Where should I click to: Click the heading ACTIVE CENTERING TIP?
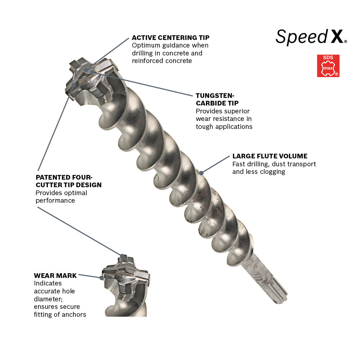coord(170,37)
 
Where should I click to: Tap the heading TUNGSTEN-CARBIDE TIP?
coord(215,99)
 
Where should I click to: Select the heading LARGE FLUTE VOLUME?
coord(270,156)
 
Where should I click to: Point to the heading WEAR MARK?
coord(55,275)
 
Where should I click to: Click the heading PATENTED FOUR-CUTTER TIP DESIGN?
coord(68,181)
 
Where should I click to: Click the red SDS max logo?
coord(328,66)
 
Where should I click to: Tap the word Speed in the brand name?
coord(301,37)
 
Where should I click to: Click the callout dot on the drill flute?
coord(201,173)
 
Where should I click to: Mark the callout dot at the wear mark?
coord(101,277)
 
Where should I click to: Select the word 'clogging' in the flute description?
coord(273,172)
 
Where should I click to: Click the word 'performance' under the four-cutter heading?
coord(55,201)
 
